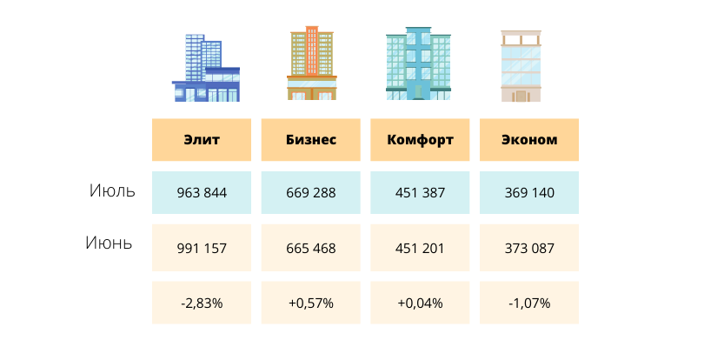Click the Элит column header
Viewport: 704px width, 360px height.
(x=202, y=140)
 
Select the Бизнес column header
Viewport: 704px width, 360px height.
(x=311, y=140)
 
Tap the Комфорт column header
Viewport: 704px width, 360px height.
(x=421, y=140)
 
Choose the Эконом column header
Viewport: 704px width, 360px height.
(x=529, y=140)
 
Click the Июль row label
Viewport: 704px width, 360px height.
(x=112, y=191)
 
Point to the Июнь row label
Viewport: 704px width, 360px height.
(x=109, y=243)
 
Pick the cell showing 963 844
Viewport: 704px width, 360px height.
(x=202, y=193)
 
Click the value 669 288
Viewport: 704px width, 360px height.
(x=311, y=193)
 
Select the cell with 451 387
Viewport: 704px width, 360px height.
(x=421, y=193)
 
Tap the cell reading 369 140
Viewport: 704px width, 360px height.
(x=529, y=193)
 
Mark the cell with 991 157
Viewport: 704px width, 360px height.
(x=202, y=248)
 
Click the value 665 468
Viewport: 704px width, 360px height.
(x=311, y=248)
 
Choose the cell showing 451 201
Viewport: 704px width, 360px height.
(x=421, y=248)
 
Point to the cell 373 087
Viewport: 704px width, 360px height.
(x=529, y=248)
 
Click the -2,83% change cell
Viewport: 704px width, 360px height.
(x=202, y=303)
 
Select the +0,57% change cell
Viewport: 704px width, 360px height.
(x=311, y=303)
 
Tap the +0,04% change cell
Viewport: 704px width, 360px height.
(x=421, y=303)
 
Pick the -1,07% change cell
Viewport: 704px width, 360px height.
(x=529, y=303)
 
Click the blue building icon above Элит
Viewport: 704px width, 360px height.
(x=206, y=70)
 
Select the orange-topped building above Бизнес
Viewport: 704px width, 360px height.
(x=311, y=65)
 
